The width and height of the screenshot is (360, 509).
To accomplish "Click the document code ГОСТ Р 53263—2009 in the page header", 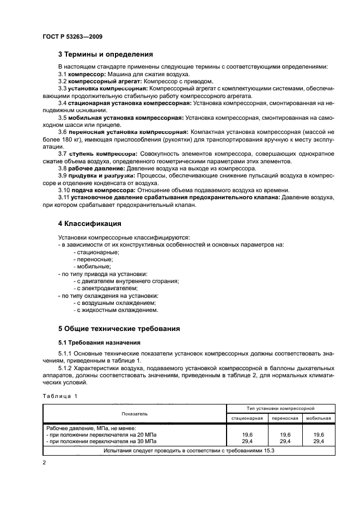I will (72, 36).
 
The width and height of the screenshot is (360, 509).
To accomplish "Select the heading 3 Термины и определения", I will (106, 54).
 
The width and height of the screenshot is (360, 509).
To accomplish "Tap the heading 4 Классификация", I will (89, 224).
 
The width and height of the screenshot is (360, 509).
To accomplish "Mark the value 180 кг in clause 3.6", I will (82, 139).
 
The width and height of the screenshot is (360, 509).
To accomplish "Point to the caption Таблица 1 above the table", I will (60, 396).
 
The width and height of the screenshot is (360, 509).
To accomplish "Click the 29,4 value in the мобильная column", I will (319, 441).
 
